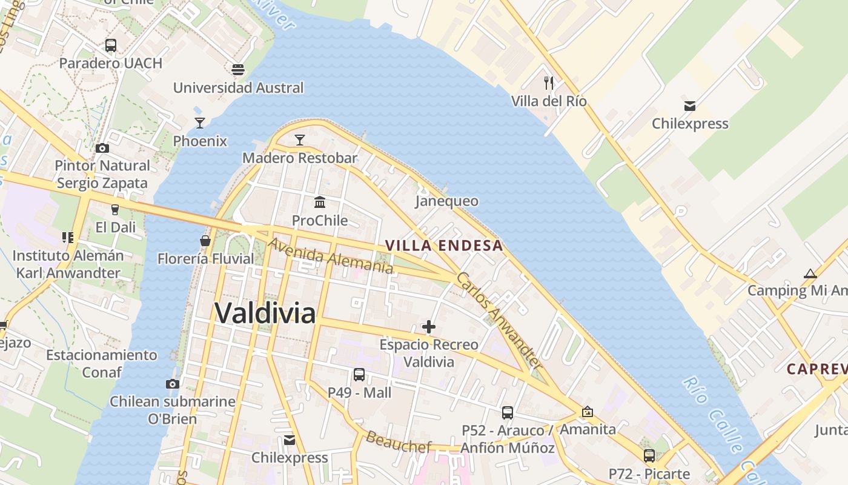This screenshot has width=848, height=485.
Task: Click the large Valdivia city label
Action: [x=265, y=313]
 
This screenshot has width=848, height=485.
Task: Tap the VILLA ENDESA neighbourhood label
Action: [x=444, y=246]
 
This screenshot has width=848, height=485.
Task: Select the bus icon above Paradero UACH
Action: [x=110, y=45]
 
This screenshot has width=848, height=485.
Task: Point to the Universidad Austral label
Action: [x=238, y=88]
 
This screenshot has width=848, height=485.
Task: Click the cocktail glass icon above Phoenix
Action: [x=200, y=123]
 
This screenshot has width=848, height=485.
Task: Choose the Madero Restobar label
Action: [x=300, y=158]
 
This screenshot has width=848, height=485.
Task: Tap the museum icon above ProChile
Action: [x=320, y=202]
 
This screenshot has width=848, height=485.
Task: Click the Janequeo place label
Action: [x=447, y=201]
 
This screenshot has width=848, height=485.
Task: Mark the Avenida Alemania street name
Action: [x=330, y=255]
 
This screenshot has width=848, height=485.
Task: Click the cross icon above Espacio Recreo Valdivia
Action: [x=429, y=327]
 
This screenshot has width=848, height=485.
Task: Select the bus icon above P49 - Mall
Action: [x=359, y=375]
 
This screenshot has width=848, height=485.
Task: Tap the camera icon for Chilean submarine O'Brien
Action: [x=173, y=384]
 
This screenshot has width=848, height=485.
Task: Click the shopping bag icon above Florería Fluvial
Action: [x=205, y=241]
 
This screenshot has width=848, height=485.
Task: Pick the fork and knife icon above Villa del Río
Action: [x=549, y=83]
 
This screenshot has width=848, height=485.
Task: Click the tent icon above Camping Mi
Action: [x=810, y=273]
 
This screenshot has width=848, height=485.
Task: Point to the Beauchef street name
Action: [x=399, y=443]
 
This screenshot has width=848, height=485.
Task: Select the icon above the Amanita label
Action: [x=587, y=412]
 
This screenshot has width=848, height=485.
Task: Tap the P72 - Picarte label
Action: [x=649, y=474]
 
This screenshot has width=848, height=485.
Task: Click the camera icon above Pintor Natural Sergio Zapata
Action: [x=102, y=148]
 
